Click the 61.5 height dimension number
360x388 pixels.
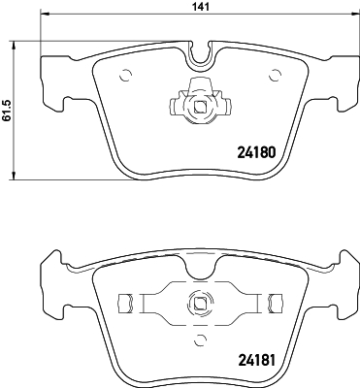7,112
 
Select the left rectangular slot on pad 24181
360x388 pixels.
123,302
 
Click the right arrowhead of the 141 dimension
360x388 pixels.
351,17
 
